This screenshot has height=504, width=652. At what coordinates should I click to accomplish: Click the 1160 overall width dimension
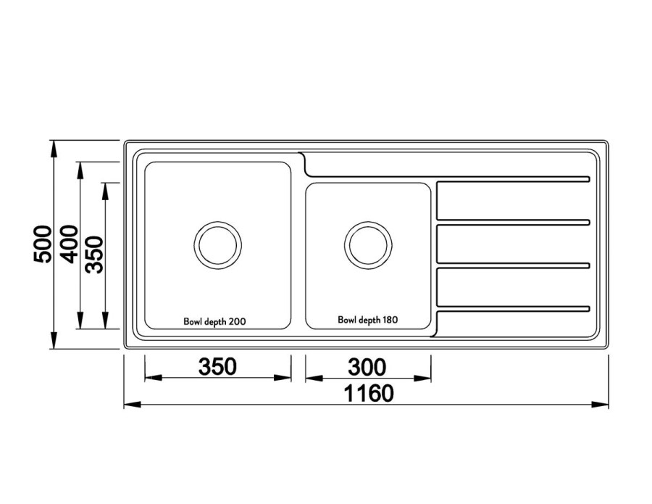[x=369, y=393]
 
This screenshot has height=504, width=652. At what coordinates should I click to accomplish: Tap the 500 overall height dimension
[x=43, y=244]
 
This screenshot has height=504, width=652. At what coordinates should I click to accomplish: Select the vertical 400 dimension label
[x=69, y=244]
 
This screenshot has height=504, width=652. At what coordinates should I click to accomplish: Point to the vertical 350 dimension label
[x=94, y=255]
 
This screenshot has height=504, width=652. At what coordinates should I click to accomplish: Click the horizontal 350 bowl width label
[x=217, y=367]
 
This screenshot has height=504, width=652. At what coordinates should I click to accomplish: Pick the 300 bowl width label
[x=367, y=367]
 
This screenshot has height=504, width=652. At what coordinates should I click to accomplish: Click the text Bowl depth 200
[x=214, y=322]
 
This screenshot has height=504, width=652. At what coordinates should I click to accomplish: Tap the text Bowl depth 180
[x=367, y=320]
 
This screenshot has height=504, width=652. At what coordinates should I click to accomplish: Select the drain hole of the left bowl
[x=218, y=245]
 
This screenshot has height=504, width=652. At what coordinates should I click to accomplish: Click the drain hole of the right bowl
[x=369, y=245]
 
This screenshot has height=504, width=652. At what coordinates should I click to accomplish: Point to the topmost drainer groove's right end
[x=588, y=179]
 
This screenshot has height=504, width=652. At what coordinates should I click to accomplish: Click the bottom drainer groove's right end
[x=588, y=308]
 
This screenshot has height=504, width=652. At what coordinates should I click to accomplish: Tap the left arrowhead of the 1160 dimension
[x=133, y=404]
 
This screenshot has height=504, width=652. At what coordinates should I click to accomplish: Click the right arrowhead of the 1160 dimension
[x=600, y=404]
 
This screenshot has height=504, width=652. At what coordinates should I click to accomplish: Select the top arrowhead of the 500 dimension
[x=53, y=149]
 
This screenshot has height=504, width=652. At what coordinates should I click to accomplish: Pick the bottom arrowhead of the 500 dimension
[x=53, y=340]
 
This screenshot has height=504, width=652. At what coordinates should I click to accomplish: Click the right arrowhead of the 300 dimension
[x=422, y=379]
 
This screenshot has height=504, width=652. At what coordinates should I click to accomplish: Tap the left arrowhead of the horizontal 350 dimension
[x=153, y=378]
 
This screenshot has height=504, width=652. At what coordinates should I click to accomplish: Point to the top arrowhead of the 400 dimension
[x=80, y=170]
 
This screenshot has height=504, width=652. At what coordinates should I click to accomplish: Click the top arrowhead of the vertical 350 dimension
[x=106, y=191]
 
